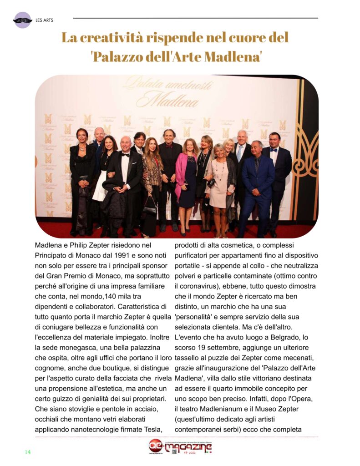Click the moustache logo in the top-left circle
tap(22, 20)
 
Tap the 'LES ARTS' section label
tap(44, 20)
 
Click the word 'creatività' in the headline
tap(118, 37)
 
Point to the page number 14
tap(27, 451)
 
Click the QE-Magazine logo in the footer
tap(181, 446)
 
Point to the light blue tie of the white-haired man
tap(239, 152)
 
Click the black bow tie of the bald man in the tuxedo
tap(125, 155)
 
